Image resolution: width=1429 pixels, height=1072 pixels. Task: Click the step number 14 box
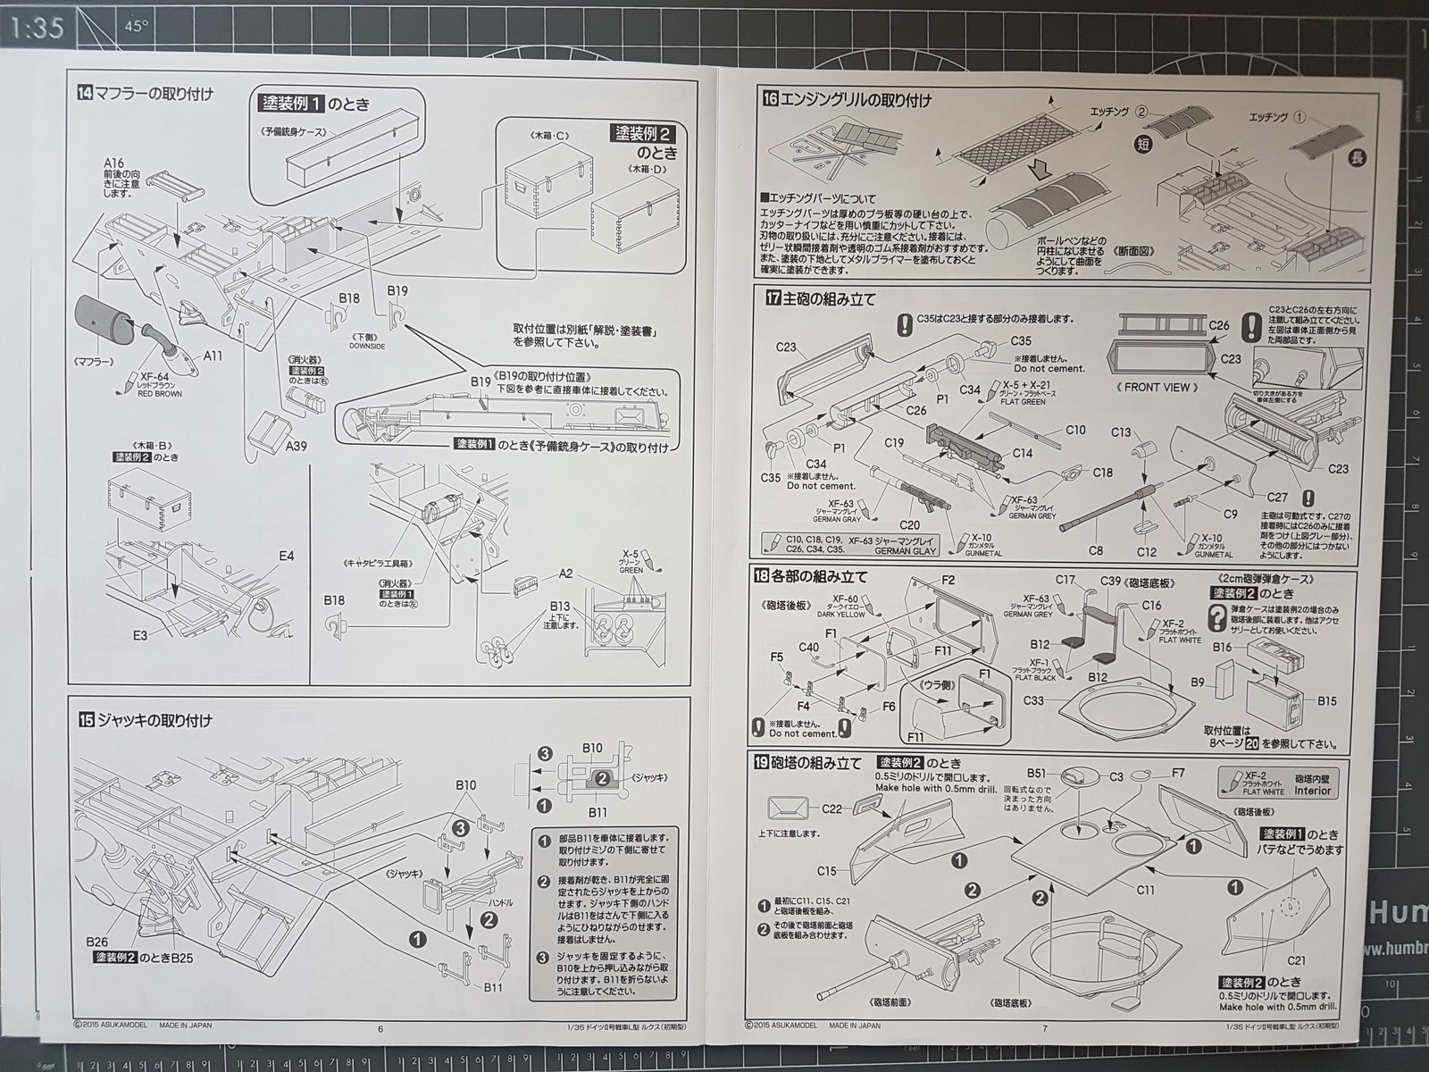pos(85,91)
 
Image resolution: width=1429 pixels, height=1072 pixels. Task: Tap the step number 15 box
pos(85,720)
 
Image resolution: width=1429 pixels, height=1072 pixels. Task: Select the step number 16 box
pos(770,100)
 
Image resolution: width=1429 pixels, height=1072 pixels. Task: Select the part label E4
pos(286,557)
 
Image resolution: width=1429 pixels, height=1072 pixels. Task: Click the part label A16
pos(113,162)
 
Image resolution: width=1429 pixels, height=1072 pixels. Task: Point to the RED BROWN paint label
pos(160,393)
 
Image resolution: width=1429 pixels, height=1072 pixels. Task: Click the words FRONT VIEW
pos(1155,387)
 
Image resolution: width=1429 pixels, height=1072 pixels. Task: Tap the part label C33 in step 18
pos(1033,699)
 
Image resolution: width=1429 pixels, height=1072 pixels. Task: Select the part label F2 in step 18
pos(948,580)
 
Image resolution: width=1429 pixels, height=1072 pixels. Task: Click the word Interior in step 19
pos(1312,791)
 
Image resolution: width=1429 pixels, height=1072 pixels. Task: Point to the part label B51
pos(1037,774)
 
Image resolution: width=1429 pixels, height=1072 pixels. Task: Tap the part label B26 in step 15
pos(97,942)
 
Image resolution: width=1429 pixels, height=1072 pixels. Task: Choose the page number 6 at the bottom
pos(380,1028)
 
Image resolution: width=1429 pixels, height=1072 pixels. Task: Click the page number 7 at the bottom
pos(1044,1028)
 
